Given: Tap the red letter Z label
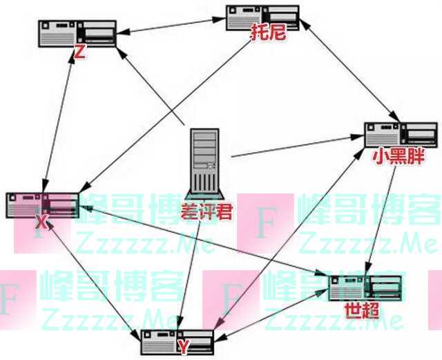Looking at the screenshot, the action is click(79, 52).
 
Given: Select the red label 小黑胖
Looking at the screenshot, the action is click(398, 156).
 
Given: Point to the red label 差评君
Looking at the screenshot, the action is click(206, 211).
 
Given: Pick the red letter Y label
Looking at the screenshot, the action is click(183, 347).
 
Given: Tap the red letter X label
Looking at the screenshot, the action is click(42, 223).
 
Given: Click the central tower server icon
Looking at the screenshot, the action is click(205, 164).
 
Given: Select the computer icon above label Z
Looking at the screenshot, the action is click(77, 34).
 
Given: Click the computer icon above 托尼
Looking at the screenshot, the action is click(262, 17).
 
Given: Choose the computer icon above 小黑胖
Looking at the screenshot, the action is click(401, 135).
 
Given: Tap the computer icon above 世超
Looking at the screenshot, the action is click(365, 288).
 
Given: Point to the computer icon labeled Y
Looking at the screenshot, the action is click(177, 342).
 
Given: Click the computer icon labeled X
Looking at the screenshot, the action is click(43, 205).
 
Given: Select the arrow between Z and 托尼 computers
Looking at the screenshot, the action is click(171, 26).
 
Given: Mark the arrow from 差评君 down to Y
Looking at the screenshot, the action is click(189, 275).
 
